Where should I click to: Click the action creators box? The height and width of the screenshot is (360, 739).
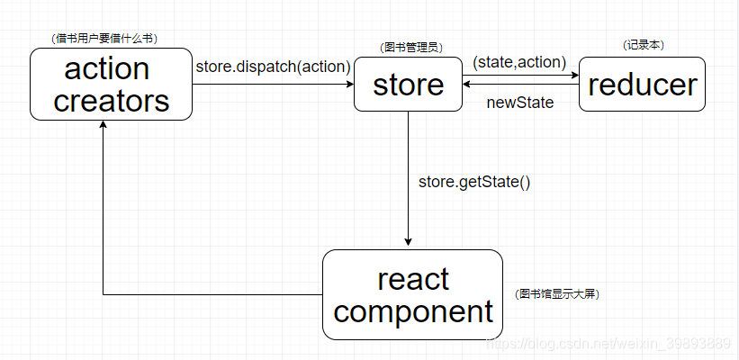pyautogui.click(x=112, y=84)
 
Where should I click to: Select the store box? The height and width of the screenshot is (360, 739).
pyautogui.click(x=408, y=85)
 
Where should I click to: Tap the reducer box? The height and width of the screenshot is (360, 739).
pyautogui.click(x=642, y=85)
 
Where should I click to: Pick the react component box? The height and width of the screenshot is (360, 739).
pyautogui.click(x=413, y=294)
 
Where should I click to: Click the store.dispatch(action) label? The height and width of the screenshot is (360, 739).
pyautogui.click(x=273, y=66)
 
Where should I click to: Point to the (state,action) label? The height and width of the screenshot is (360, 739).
pyautogui.click(x=519, y=62)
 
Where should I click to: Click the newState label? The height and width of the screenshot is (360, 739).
pyautogui.click(x=519, y=103)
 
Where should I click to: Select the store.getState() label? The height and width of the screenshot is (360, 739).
pyautogui.click(x=474, y=182)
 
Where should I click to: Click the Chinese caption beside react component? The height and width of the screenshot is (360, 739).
pyautogui.click(x=558, y=294)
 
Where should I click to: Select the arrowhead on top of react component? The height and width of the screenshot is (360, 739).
pyautogui.click(x=409, y=241)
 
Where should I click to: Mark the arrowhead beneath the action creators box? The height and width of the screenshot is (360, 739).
pyautogui.click(x=104, y=125)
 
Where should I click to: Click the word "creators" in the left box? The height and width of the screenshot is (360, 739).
pyautogui.click(x=112, y=100)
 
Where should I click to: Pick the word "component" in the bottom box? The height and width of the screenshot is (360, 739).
pyautogui.click(x=413, y=311)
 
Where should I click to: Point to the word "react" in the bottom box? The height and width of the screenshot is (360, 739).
pyautogui.click(x=413, y=278)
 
